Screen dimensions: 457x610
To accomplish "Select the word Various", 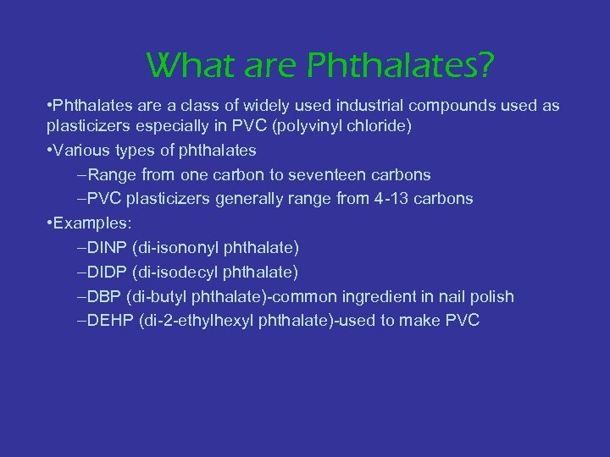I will (80, 151).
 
